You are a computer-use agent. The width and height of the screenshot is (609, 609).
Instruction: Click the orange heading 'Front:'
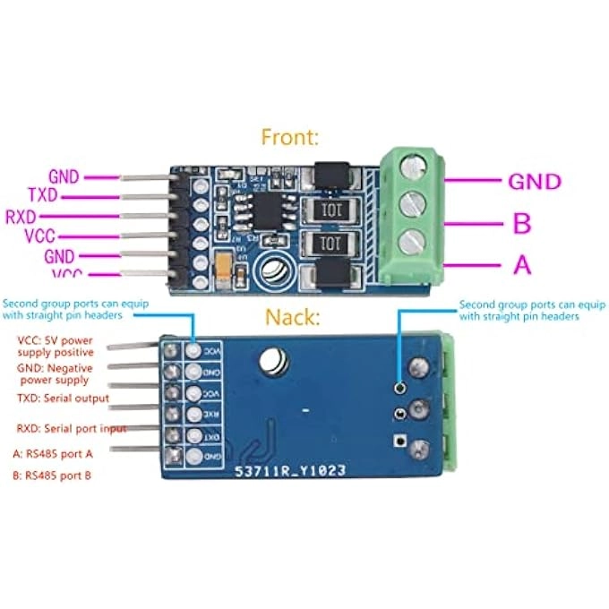[x=290, y=137]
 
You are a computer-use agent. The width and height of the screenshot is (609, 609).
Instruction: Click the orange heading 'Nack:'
[x=291, y=317]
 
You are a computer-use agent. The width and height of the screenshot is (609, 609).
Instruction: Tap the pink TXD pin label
[x=44, y=194]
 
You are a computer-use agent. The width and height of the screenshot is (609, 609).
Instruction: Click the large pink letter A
[x=521, y=265]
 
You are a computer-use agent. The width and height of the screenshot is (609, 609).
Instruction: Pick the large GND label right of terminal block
[x=535, y=182]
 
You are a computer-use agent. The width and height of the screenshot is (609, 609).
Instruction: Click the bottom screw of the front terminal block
[x=414, y=240]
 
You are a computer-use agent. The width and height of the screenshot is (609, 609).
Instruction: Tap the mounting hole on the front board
[x=274, y=269]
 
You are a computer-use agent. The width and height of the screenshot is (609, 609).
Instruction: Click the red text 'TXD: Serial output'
[x=64, y=398]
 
